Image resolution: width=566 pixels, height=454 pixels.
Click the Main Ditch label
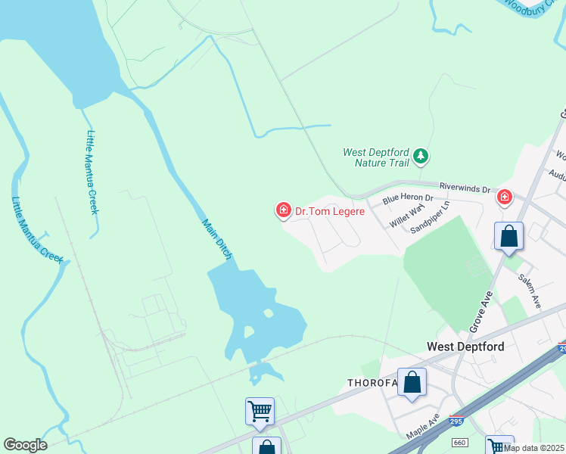tap(216, 240)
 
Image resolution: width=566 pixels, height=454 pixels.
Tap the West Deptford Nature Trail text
tap(375, 157)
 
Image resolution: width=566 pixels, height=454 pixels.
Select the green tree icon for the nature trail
tap(421, 157)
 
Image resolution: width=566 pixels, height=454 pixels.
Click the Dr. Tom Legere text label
tap(330, 211)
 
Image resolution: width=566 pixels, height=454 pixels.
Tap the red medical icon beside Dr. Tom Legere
tap(284, 210)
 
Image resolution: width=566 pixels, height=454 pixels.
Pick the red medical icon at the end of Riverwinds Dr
tap(504, 198)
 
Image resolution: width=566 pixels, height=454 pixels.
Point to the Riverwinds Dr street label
tap(465, 187)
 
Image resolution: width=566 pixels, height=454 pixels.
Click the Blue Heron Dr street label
tap(407, 199)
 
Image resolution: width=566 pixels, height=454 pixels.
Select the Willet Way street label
tap(406, 216)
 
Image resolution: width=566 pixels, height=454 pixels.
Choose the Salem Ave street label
tap(530, 290)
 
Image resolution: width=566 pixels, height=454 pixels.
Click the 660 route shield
tap(459, 442)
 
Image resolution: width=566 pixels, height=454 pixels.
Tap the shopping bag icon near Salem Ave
tap(509, 236)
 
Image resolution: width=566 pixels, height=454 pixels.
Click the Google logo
tap(25, 445)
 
